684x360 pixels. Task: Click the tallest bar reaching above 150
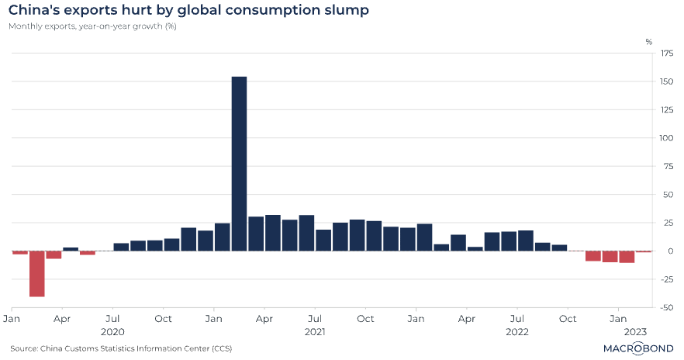click(239, 163)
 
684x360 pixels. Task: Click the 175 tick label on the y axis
click(666, 54)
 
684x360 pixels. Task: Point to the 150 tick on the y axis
click(666, 81)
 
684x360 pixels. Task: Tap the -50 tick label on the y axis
click(666, 307)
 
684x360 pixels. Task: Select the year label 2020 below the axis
click(113, 331)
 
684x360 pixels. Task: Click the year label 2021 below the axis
click(316, 331)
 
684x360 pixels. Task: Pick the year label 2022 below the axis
click(518, 331)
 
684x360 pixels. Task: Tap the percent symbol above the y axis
click(649, 41)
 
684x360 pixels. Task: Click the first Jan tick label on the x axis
click(12, 319)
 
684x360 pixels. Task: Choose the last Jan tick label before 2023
click(618, 319)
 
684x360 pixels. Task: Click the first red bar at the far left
click(19, 252)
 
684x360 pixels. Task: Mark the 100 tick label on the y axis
click(666, 138)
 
